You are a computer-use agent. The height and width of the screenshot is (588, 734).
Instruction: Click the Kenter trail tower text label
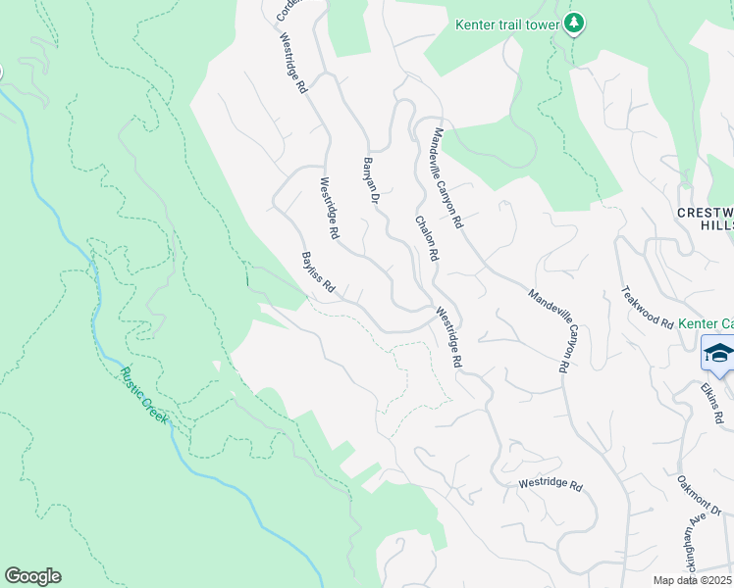pos(507,24)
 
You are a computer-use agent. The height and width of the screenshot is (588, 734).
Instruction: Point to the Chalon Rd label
pos(425,238)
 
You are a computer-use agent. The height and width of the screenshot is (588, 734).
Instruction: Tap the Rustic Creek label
pos(144,395)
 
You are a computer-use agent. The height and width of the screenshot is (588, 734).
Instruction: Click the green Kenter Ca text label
pos(707,323)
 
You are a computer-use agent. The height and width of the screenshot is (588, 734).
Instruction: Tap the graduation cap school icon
pos(717,354)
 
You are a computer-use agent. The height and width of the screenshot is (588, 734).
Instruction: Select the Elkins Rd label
pos(712,403)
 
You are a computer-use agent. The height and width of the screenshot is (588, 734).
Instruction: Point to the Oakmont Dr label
pos(705,496)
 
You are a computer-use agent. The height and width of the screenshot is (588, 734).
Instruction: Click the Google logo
pos(32,576)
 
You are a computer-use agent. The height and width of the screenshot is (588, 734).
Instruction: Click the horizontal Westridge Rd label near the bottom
pos(550,485)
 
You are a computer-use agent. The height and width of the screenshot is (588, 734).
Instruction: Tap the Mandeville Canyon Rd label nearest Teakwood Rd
pos(550,330)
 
